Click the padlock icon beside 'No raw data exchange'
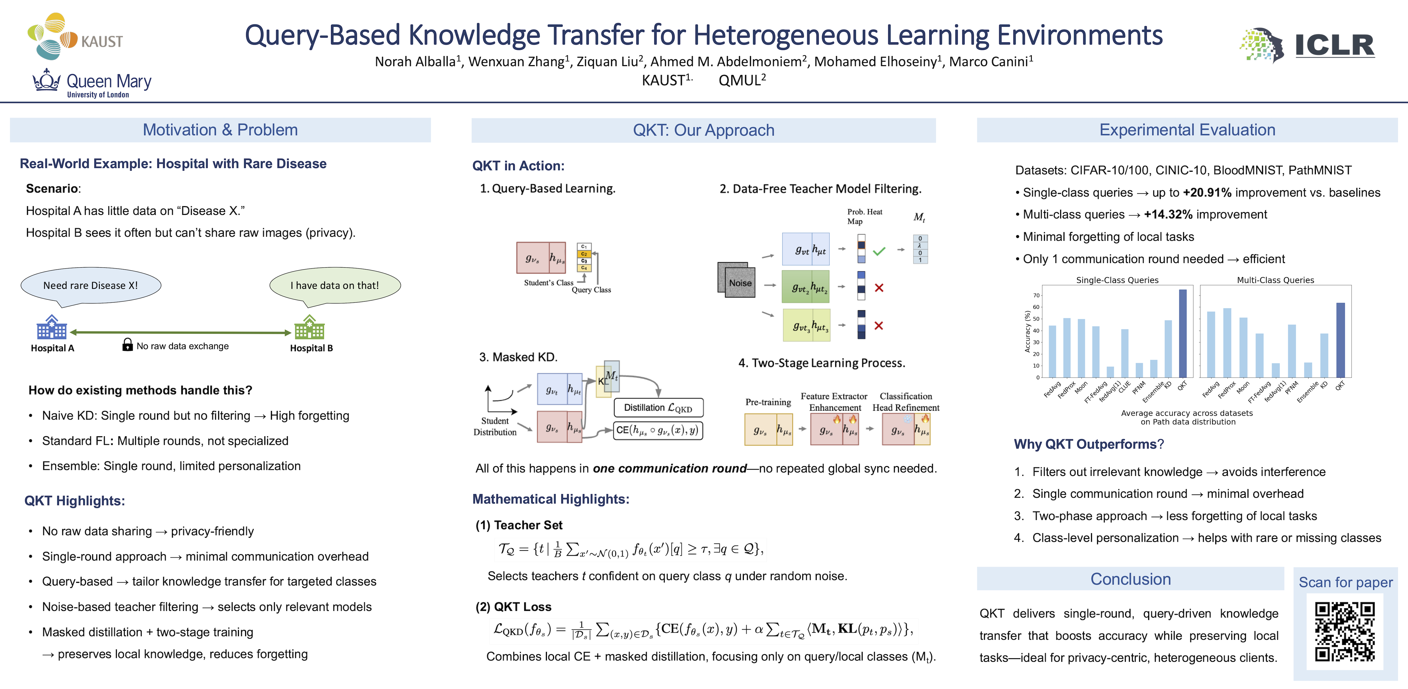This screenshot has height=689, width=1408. coord(127,344)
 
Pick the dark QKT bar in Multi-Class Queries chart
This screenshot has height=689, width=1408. coord(1340,340)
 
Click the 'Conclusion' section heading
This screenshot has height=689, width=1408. coord(1130,579)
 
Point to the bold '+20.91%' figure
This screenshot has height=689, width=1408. coord(1207,192)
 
